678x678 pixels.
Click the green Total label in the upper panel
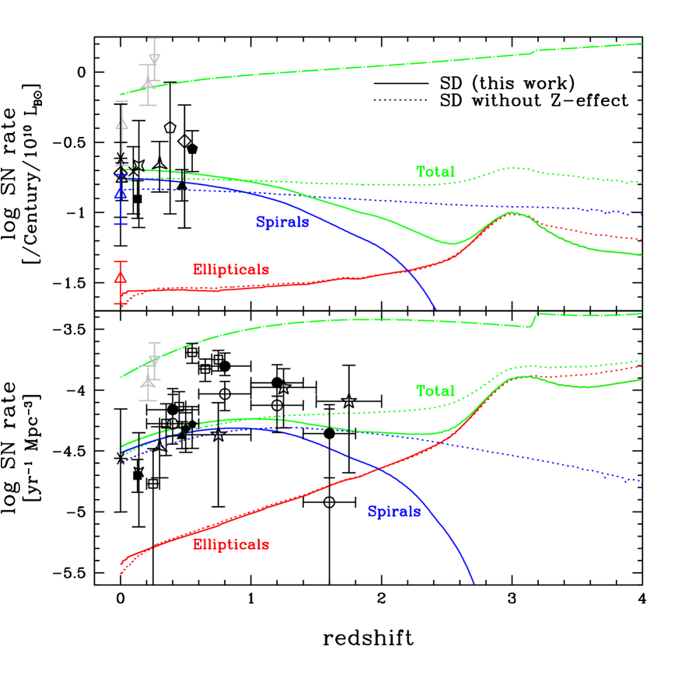coord(435,173)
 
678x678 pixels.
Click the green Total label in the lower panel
coord(435,392)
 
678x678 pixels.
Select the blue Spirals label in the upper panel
coord(283,223)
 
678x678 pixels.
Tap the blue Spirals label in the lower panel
coord(394,512)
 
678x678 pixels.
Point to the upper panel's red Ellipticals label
coord(231,271)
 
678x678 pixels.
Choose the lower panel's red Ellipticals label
coord(231,545)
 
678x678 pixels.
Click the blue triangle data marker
coord(121,193)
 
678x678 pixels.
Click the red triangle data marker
coord(121,278)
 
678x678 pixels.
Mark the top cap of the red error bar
coord(121,262)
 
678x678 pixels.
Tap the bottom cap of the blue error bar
coord(121,224)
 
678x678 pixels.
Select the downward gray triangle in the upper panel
coord(155,60)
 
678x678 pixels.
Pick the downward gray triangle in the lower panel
coord(155,361)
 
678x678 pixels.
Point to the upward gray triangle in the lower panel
coord(148,382)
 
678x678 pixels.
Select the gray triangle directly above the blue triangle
coord(121,124)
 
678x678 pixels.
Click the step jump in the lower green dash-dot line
coord(534,320)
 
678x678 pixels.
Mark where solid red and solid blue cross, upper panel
coord(407,270)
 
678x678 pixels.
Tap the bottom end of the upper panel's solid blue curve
coord(435,309)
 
